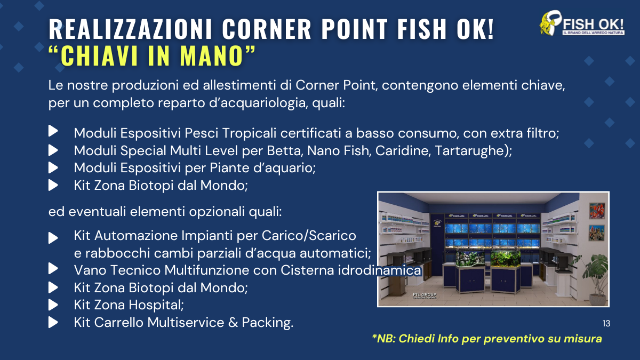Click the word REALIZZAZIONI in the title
click(130, 29)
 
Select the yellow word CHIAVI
click(101, 55)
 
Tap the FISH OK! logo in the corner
click(582, 23)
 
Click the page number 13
click(606, 323)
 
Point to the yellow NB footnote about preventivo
click(487, 339)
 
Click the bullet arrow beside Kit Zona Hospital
click(53, 305)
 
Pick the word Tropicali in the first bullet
click(250, 133)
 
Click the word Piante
click(230, 167)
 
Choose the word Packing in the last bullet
click(267, 323)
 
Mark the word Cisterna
click(307, 270)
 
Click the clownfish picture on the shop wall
click(597, 211)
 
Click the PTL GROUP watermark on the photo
click(425, 295)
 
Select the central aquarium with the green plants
click(505, 259)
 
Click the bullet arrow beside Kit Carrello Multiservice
click(53, 323)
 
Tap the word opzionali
click(217, 212)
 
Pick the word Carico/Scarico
click(309, 236)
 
